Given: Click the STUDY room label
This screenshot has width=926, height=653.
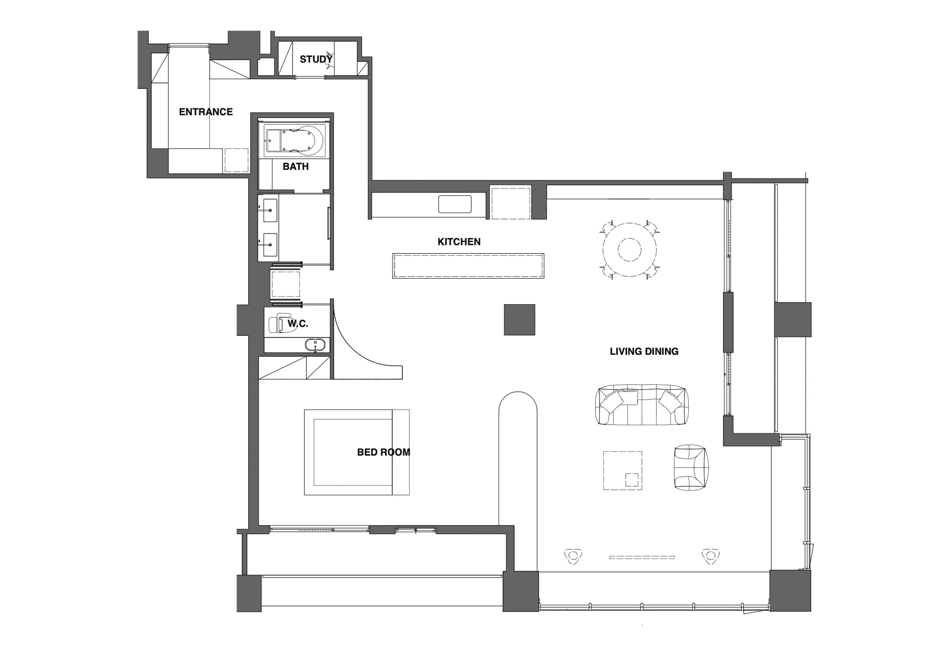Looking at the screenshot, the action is point(316,59).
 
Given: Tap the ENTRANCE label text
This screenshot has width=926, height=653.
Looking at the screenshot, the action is point(206,112).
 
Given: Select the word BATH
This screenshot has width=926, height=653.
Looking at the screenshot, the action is point(296,167).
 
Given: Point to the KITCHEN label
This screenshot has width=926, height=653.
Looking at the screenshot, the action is point(459,242).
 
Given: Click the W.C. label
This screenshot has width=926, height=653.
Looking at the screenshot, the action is point(298,324).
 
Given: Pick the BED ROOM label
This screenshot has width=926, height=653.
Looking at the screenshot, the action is point(383,452).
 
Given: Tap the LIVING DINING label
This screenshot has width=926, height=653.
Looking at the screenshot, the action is point(644,351).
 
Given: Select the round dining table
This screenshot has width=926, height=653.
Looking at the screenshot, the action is point(629,249).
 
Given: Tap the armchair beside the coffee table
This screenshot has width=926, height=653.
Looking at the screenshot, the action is point(691,467).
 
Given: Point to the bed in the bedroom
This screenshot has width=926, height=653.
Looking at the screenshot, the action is point(357,452).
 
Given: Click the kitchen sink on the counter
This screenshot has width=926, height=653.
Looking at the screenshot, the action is point(455,204).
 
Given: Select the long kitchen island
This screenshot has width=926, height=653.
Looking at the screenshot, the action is point(468,266).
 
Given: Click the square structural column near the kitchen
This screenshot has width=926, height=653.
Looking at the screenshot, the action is point(520,319).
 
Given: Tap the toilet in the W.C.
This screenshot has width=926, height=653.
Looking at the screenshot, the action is point(280,323).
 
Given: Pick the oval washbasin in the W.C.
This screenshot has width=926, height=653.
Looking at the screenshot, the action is point(315,345).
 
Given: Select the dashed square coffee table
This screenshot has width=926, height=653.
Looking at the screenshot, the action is point(623,470).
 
